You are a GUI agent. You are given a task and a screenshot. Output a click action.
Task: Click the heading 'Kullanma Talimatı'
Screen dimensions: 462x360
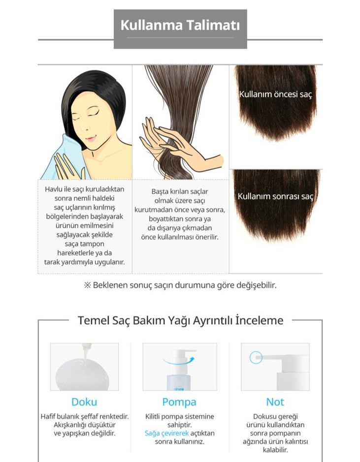pyautogui.click(x=180, y=25)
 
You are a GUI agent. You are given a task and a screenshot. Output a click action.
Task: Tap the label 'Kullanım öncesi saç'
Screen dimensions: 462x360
pyautogui.click(x=275, y=94)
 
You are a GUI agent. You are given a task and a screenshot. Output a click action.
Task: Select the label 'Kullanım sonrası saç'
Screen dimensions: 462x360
pyautogui.click(x=275, y=196)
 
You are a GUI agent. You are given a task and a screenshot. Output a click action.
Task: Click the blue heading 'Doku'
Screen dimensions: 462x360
pyautogui.click(x=84, y=402)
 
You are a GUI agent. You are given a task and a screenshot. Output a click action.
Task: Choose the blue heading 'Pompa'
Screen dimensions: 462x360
pyautogui.click(x=179, y=402)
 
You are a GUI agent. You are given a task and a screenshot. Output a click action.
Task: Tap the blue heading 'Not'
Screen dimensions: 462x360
pyautogui.click(x=275, y=402)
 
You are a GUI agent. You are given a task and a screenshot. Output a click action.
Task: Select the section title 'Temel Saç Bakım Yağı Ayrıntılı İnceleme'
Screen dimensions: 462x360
pyautogui.click(x=180, y=321)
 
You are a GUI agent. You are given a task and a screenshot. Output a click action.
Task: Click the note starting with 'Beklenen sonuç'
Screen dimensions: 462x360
pyautogui.click(x=180, y=285)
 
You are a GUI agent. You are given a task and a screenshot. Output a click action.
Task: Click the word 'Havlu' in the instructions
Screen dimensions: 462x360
pyautogui.click(x=54, y=189)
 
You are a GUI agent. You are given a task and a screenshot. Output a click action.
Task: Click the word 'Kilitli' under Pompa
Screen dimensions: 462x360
pyautogui.click(x=156, y=416)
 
